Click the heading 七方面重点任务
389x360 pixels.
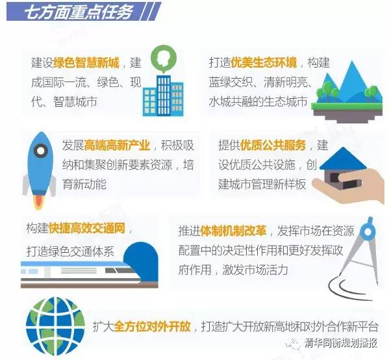point(78,12)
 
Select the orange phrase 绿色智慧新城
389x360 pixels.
point(86,62)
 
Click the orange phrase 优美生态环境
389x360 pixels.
point(264,62)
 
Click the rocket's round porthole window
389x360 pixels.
point(40,151)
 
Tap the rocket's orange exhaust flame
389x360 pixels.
point(38,201)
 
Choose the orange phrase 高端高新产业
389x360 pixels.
point(117,146)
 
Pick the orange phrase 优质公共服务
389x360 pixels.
point(273,146)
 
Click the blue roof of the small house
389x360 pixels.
point(343,159)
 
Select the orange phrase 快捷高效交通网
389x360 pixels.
point(87,229)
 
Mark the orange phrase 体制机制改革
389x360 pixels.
point(233,231)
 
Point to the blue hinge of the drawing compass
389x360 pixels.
point(368,231)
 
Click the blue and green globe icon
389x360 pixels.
point(55,326)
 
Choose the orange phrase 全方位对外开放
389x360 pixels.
point(153,326)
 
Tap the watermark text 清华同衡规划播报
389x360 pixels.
point(341,343)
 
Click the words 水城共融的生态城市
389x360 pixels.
point(258,102)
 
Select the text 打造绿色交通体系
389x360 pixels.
point(70,251)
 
